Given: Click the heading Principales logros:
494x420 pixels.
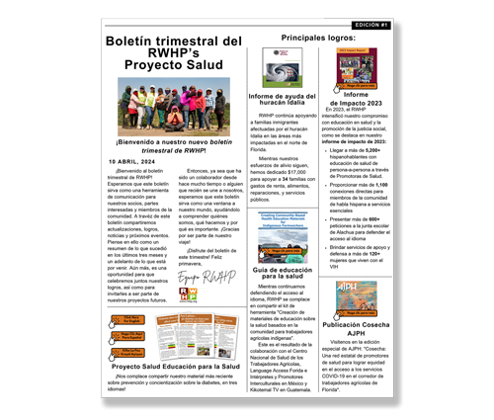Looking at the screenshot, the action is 318,37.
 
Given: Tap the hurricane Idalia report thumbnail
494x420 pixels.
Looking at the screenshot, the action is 283,68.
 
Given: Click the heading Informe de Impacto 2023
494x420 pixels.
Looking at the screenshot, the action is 357,101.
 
